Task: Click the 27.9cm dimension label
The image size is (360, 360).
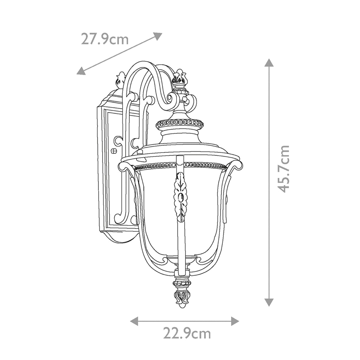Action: coord(105,40)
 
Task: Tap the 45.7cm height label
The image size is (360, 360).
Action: coord(283,169)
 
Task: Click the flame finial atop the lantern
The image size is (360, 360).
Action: coord(179,77)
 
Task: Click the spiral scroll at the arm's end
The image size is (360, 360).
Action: coord(173,97)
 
